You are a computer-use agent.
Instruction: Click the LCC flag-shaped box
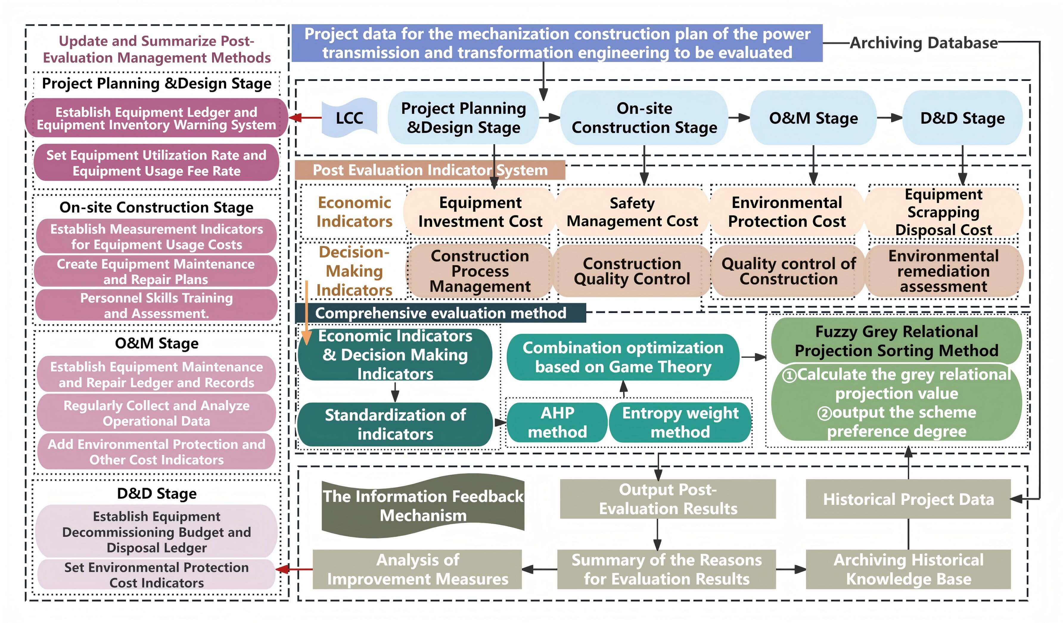(x=349, y=118)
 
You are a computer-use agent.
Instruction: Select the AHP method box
(x=557, y=422)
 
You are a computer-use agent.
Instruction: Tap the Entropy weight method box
(x=680, y=422)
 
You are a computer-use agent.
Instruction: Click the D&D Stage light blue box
(x=962, y=118)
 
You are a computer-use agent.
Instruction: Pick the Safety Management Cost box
(x=632, y=212)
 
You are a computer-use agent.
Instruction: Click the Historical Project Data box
(x=908, y=499)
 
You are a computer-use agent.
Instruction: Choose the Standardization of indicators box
(x=395, y=424)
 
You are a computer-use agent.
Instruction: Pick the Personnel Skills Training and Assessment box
(x=156, y=305)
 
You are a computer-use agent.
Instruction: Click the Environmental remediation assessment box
(x=943, y=271)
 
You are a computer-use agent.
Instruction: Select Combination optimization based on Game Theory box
(x=623, y=357)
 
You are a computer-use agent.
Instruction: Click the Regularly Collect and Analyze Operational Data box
(x=156, y=413)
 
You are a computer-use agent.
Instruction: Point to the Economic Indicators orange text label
(x=354, y=212)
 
